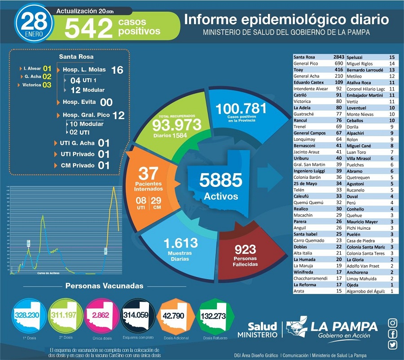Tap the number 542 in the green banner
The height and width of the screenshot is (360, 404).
(x=88, y=29)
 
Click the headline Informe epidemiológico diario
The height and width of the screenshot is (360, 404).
(x=286, y=20)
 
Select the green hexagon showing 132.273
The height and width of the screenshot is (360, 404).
(x=213, y=316)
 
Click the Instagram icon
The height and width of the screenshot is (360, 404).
(x=393, y=323)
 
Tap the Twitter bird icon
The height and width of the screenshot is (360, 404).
(x=393, y=345)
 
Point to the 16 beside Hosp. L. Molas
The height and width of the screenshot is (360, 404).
(x=117, y=70)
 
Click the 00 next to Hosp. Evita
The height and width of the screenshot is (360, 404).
(x=106, y=102)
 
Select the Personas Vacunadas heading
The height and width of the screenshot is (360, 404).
(x=105, y=286)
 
